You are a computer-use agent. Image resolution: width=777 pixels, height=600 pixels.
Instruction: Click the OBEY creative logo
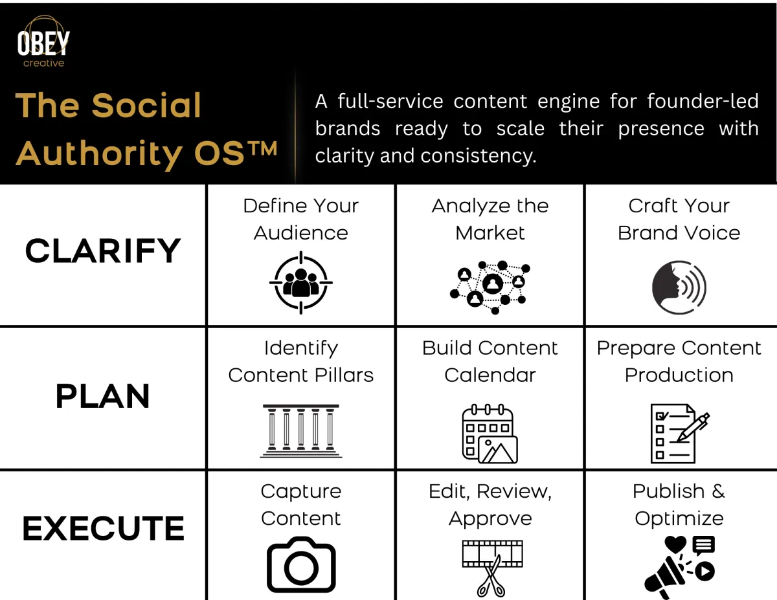pos(43,41)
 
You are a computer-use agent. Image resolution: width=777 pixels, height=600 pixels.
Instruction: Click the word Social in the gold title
pos(146,105)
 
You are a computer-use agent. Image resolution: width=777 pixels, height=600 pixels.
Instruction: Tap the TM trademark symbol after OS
pos(263,148)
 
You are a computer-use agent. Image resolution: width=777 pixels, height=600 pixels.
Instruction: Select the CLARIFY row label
pos(102,251)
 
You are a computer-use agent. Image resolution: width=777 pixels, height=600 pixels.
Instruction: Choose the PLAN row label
pos(102,395)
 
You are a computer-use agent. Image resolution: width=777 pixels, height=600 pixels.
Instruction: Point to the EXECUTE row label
pos(104,528)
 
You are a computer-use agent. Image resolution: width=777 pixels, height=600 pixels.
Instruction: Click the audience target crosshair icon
pos(300,283)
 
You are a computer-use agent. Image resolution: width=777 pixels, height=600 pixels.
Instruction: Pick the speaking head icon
pos(679,287)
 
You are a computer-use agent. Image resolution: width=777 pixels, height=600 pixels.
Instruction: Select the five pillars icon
pos(300,431)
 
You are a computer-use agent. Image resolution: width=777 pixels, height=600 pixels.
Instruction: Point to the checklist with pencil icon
pos(680,434)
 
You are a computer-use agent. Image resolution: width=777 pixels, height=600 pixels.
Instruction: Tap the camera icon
pos(301,564)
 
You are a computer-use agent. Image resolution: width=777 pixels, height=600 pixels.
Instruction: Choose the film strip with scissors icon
pos(492,568)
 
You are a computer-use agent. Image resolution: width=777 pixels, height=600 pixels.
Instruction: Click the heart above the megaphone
pos(675,544)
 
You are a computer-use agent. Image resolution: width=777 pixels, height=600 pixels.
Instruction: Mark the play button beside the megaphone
pos(704,571)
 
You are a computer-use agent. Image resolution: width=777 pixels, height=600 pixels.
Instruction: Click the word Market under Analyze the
pos(490,233)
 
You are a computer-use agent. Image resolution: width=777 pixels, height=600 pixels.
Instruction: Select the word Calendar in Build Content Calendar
pos(490,375)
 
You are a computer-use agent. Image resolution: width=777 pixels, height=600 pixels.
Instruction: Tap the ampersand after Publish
pos(718,491)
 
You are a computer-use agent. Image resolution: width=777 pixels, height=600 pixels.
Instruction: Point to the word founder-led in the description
pos(703,101)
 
